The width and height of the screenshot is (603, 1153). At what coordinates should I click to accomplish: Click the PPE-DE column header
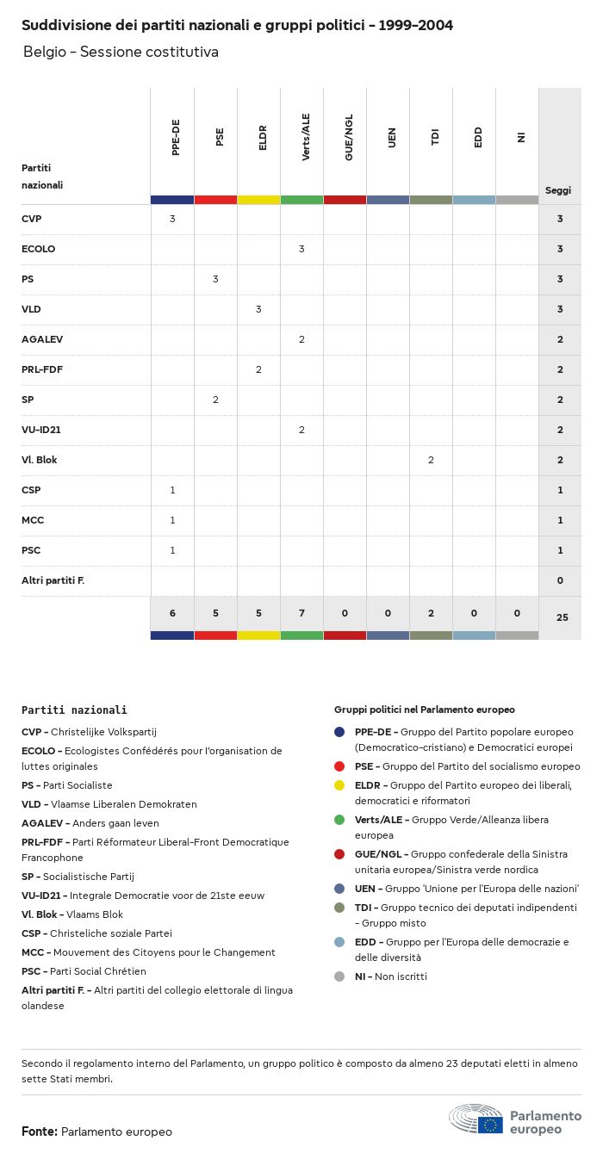pos(176,140)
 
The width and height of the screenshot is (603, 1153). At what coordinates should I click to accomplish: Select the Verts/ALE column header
pos(306,138)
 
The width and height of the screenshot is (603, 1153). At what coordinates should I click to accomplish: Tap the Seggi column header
pos(558,190)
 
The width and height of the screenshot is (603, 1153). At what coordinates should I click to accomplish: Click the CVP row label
pos(32,219)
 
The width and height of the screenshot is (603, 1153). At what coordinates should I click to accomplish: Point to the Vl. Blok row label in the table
pos(40,460)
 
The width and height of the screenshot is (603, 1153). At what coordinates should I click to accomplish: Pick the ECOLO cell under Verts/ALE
pos(301,249)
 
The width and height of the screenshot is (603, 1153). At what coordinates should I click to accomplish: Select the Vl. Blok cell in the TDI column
pos(431,460)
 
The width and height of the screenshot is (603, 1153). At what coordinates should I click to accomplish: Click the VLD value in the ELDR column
pos(258,309)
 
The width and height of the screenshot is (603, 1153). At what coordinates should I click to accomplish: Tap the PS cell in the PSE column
pos(215,279)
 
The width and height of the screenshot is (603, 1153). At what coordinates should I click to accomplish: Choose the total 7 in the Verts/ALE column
pos(301,613)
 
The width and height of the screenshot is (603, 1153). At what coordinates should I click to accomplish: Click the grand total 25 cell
pos(560,617)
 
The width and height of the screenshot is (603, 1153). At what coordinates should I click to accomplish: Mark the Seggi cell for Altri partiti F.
pos(560,580)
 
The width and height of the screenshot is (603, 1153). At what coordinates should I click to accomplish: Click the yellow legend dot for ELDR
pos(339,785)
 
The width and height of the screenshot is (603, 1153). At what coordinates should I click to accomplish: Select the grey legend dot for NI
pos(339,976)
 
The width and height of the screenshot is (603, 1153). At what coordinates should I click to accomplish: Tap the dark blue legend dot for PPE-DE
pos(339,732)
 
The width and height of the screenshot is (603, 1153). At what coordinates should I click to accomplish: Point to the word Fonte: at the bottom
pos(40,1131)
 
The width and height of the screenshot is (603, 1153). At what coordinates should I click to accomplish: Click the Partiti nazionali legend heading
pos(74,710)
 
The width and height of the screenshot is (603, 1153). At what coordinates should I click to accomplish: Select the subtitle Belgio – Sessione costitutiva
pos(121,53)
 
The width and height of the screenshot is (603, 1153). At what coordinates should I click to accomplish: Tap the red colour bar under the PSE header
pos(215,200)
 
